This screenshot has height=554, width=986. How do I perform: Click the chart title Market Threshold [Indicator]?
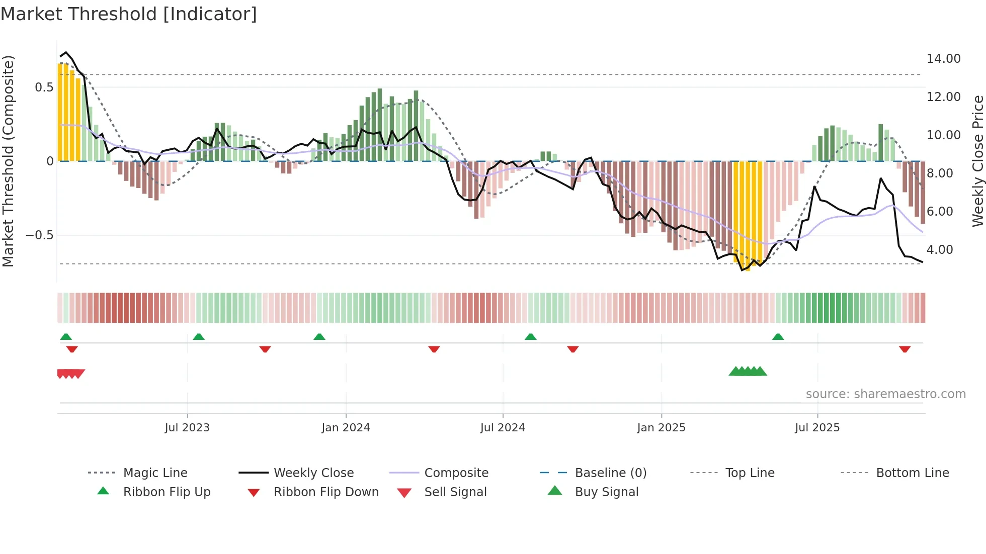pos(129,14)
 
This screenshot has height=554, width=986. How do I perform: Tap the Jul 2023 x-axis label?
pos(187,428)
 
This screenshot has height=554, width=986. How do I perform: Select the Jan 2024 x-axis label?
pos(346,428)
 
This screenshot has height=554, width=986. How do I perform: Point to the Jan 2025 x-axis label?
pos(661,428)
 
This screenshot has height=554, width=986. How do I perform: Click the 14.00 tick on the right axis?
pos(943,59)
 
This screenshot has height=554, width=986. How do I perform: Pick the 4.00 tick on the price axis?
pos(939,250)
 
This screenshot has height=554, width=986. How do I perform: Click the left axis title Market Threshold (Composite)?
pos(9,161)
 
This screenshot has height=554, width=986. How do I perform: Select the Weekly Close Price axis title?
pos(977,161)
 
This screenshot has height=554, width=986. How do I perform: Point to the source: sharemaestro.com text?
pos(885,394)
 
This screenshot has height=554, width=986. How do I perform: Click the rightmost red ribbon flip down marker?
pos(905,349)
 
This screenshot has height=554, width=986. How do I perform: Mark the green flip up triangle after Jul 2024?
pos(530,337)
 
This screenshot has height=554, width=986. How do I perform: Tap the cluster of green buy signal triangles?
pos(748,372)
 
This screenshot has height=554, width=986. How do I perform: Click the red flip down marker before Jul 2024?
pos(434,349)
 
